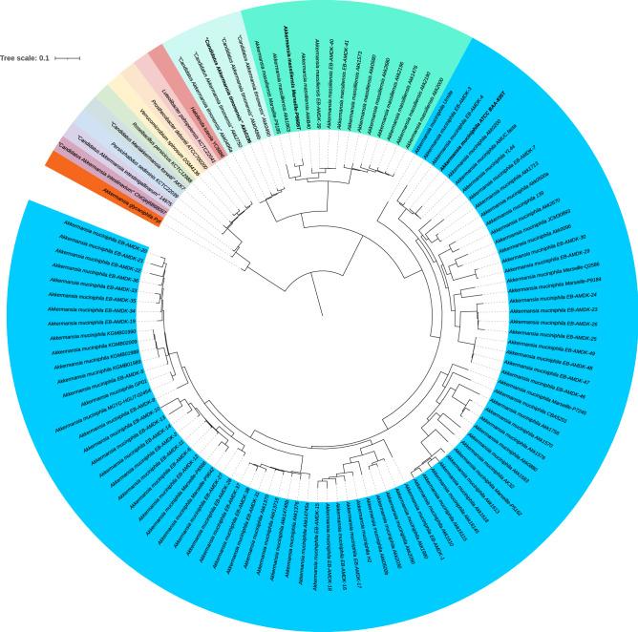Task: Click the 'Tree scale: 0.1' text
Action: point(25,58)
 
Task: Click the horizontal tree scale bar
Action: point(67,58)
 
